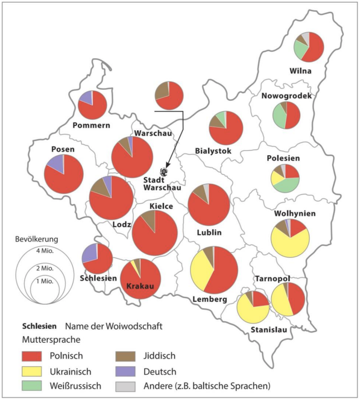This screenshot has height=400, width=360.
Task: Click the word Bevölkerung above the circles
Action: [37, 239]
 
